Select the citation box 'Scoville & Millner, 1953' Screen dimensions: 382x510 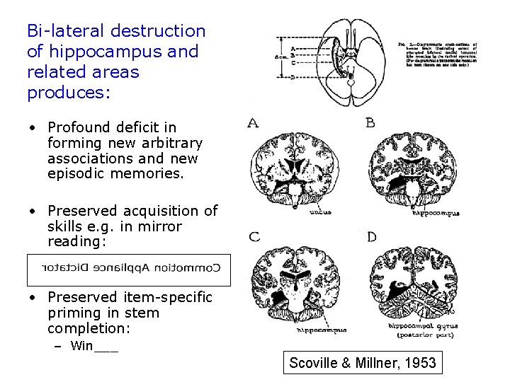click(x=362, y=364)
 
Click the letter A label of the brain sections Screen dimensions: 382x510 click(x=253, y=123)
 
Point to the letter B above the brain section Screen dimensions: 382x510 click(x=370, y=123)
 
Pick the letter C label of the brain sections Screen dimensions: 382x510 click(x=254, y=236)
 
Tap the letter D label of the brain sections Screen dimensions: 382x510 click(x=372, y=236)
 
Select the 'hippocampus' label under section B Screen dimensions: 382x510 click(x=436, y=212)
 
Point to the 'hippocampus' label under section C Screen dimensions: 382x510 click(x=321, y=330)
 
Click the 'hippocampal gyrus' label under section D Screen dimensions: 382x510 click(x=424, y=327)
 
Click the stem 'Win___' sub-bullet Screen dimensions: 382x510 click(x=94, y=346)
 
